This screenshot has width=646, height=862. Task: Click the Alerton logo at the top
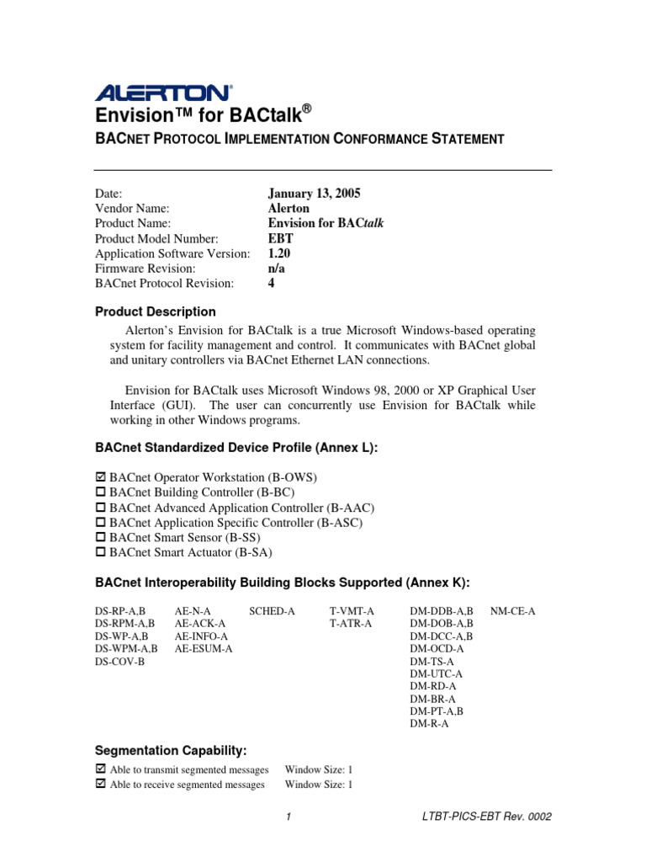163,92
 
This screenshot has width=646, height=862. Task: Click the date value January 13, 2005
314,193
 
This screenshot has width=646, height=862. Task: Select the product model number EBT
280,238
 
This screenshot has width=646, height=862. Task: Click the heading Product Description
155,311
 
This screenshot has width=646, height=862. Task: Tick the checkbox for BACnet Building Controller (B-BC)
101,492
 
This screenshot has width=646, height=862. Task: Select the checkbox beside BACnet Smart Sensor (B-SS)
101,537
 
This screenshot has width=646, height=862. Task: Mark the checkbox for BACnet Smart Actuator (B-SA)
101,552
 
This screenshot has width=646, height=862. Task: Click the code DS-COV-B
119,662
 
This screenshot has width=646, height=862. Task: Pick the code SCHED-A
272,610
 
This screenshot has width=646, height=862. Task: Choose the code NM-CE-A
512,610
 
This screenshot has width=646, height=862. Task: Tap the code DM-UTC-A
436,674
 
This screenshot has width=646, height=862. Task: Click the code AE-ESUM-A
204,649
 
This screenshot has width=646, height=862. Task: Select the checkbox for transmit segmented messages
101,769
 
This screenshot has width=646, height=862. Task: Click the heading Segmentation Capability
171,750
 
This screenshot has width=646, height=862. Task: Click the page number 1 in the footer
288,817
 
